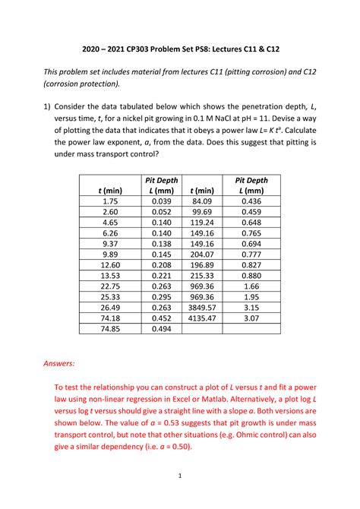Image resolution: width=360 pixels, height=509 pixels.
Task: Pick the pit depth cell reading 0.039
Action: point(160,201)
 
